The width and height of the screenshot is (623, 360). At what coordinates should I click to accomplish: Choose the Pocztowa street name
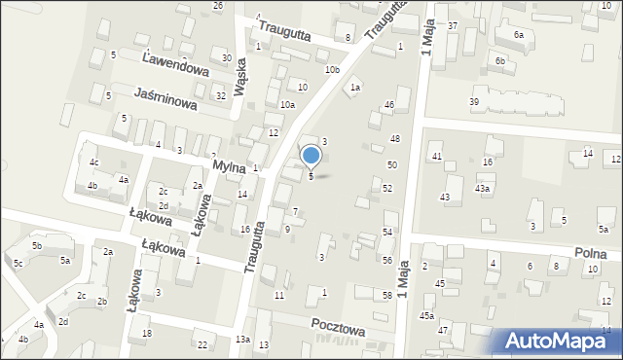(338, 328)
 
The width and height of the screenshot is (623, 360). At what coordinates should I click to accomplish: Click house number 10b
(332, 69)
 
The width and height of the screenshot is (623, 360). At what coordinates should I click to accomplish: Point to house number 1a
(356, 88)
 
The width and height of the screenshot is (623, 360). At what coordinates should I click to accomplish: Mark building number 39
(474, 102)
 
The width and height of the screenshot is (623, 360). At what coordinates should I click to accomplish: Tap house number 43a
(482, 188)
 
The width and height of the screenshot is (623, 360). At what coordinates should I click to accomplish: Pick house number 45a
(426, 315)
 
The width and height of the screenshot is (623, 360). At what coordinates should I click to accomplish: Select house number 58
(387, 294)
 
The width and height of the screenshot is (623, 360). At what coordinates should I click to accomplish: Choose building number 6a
(518, 34)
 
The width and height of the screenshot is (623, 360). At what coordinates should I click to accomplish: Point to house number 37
(453, 24)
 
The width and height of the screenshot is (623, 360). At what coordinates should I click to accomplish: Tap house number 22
(202, 344)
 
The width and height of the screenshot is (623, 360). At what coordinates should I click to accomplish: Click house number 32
(221, 95)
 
